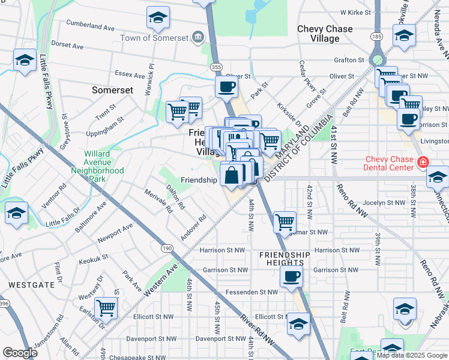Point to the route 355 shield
[217, 67]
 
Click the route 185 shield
[376, 37]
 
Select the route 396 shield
[4, 304]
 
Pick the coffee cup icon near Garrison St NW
[292, 276]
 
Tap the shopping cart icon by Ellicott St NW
[106, 307]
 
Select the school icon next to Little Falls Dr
[16, 212]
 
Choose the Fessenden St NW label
[252, 292]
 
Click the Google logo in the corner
[20, 353]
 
